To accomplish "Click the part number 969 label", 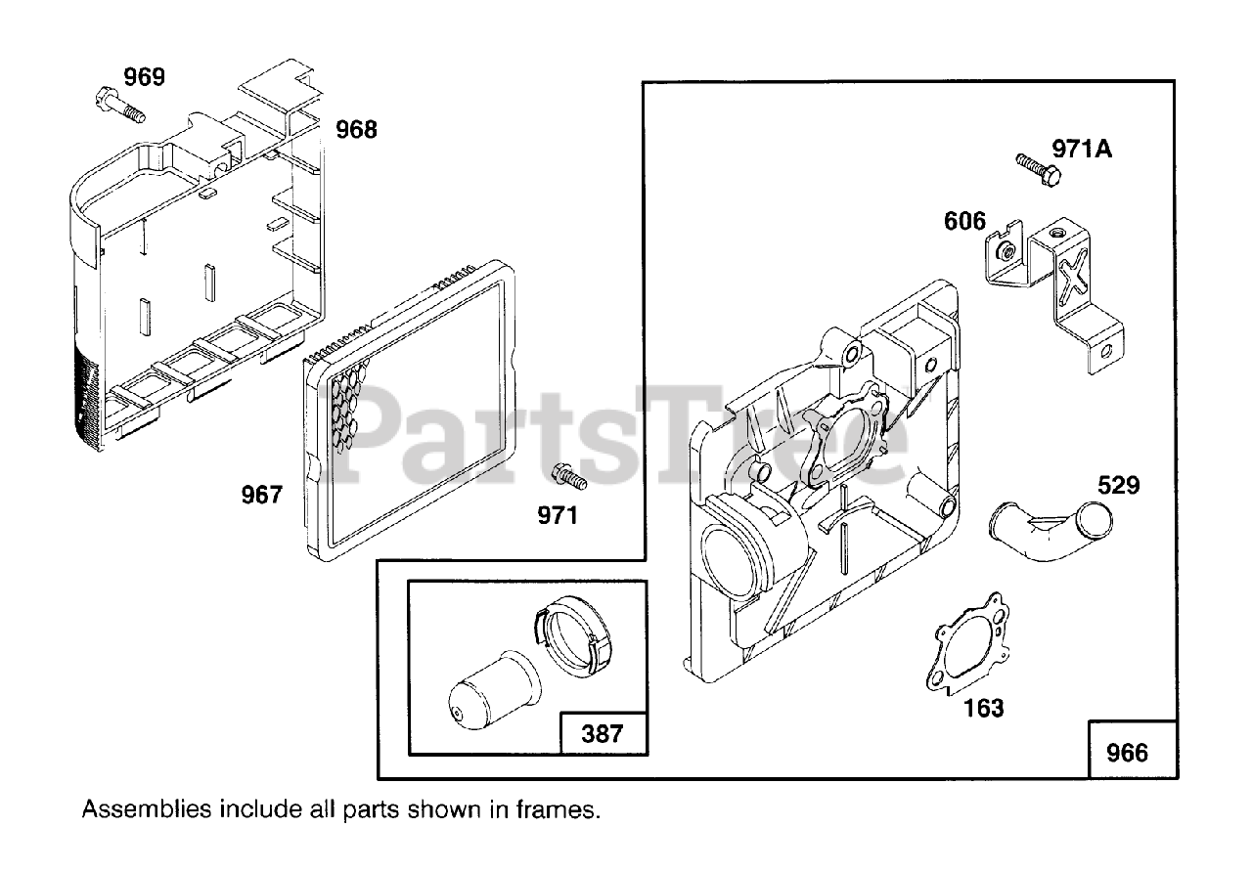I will coord(145,76).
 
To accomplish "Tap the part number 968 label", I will coord(356,129).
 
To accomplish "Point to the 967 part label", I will coord(262,495).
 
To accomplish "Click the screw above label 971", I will coord(569,476).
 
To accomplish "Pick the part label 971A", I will coord(1082,149).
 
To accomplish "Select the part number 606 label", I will coord(964,221).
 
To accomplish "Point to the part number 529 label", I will coord(1119,485).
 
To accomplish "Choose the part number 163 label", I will coord(983,707).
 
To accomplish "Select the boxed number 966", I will coord(1127,753).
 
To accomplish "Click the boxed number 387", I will coord(602,733).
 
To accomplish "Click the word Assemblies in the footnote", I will coord(147,809).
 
